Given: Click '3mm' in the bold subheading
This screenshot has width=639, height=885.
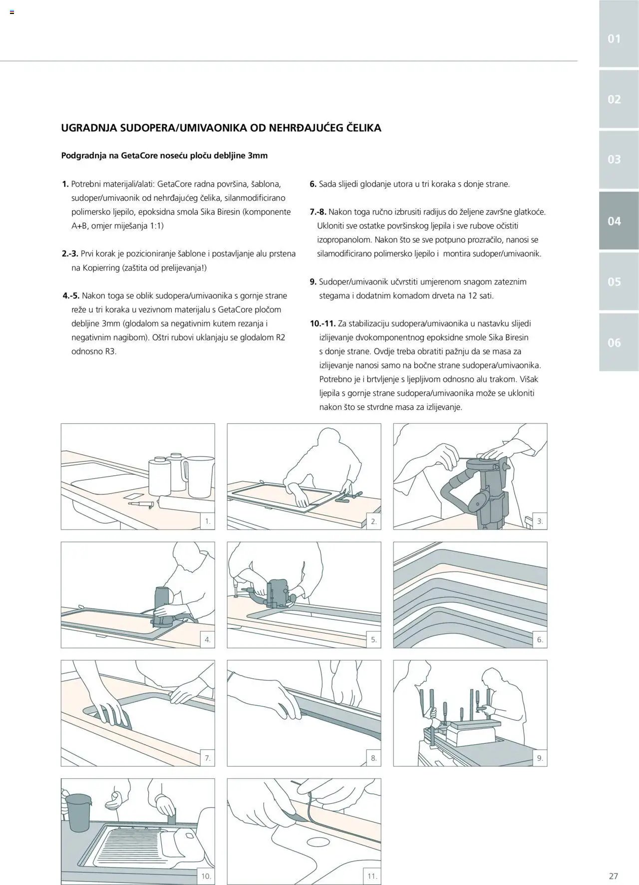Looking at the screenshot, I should pyautogui.click(x=258, y=156).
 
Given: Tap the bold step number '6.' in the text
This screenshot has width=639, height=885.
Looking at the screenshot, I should pyautogui.click(x=314, y=184).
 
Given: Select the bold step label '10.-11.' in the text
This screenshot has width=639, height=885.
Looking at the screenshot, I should pyautogui.click(x=322, y=323).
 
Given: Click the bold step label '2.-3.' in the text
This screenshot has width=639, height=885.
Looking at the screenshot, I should pyautogui.click(x=70, y=254).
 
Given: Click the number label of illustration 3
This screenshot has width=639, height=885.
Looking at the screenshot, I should pyautogui.click(x=540, y=521).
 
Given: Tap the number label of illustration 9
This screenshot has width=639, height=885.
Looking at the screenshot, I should pyautogui.click(x=540, y=758).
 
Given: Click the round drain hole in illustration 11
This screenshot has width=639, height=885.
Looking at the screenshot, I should pyautogui.click(x=317, y=843).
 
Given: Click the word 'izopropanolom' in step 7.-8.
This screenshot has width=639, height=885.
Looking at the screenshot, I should pyautogui.click(x=344, y=240).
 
